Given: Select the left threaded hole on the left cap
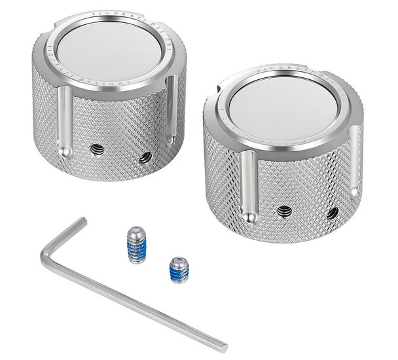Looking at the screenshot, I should (98, 150).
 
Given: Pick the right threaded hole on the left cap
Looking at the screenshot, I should (145, 157).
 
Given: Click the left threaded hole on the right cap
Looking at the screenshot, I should (284, 211).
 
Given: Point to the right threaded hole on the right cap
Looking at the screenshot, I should (333, 213).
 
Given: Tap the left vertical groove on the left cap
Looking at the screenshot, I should (64, 121).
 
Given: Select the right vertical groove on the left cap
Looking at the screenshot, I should (172, 108).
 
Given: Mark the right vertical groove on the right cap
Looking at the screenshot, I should (354, 160).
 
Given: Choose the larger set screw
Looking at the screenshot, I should (136, 244).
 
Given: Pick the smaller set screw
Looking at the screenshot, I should (179, 269).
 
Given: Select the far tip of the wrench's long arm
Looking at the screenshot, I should (223, 347).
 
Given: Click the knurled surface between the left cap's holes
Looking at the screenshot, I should (122, 154).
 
